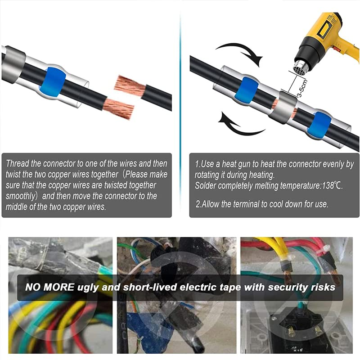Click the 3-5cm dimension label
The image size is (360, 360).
click(x=302, y=89)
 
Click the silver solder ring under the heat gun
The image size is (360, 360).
click(x=283, y=107)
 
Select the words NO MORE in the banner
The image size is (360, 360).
click(x=50, y=287)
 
